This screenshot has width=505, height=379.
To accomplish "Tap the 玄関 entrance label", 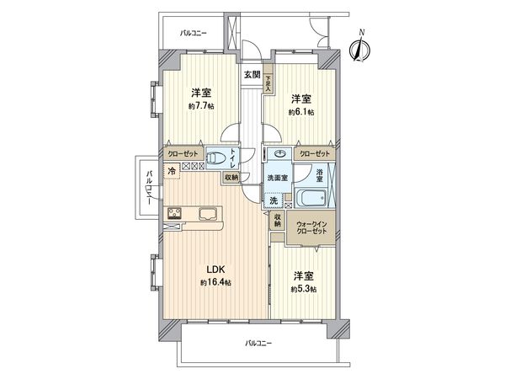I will point(252,75).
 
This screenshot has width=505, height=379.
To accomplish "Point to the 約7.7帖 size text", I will point(199,106).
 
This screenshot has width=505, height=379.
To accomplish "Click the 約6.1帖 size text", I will point(300,111).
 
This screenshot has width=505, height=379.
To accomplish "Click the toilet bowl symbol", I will point(218,157).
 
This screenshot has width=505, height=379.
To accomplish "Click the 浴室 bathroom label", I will point(320,174).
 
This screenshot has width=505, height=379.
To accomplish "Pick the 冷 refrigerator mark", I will point(173,172).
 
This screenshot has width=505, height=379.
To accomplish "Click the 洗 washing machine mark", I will point(275,200).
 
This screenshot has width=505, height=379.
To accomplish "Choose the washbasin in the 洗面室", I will point(278,155).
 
